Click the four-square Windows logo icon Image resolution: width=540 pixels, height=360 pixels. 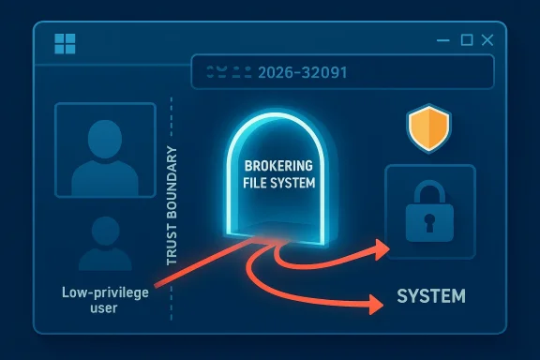(x=66, y=43)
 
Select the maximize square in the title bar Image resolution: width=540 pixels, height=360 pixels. (x=466, y=41)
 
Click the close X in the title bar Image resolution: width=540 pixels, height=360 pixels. (x=487, y=41)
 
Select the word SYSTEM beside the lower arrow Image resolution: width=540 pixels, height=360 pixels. (x=430, y=297)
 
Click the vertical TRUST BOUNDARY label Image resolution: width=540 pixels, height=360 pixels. (x=172, y=204)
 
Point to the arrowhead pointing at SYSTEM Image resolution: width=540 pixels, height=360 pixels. (x=376, y=304)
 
